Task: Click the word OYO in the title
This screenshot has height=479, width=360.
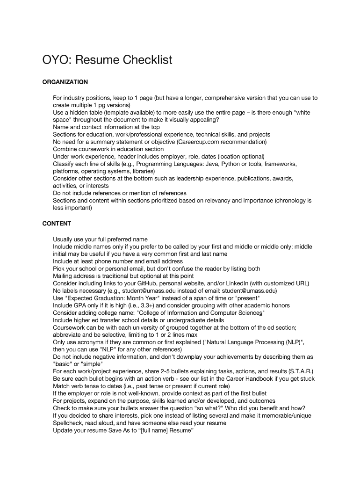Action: (56, 60)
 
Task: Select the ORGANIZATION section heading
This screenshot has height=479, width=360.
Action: (65, 82)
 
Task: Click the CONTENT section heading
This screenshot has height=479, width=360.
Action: (57, 224)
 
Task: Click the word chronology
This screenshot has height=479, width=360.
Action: (290, 200)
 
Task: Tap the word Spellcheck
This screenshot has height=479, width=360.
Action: (69, 423)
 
